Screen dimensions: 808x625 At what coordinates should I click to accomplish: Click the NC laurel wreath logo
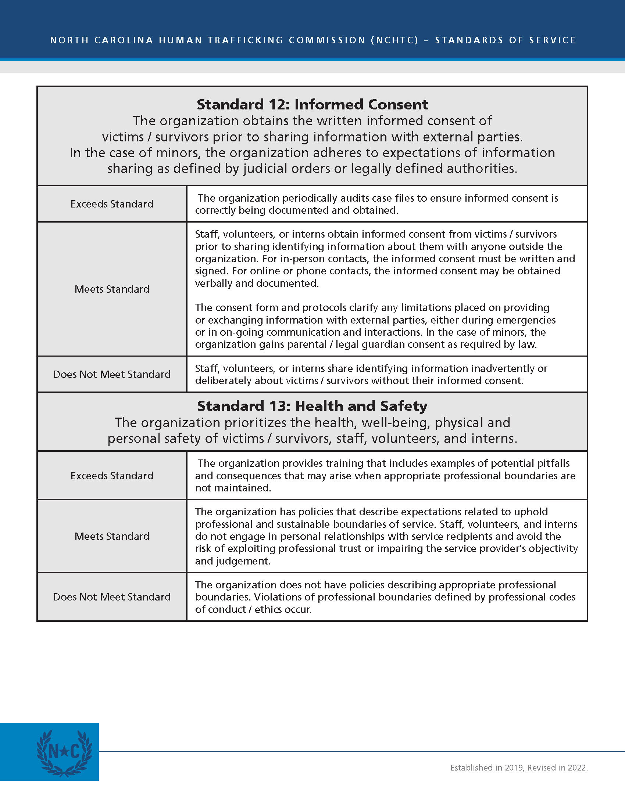[64, 753]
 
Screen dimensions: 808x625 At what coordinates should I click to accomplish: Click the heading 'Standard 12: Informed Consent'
[312, 105]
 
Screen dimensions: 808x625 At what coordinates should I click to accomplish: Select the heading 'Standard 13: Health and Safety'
[312, 406]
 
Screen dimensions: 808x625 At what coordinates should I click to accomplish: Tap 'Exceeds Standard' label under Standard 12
[112, 204]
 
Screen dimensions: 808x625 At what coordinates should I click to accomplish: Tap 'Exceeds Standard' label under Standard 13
[112, 475]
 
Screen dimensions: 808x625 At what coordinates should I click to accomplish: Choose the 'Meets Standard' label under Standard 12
[112, 289]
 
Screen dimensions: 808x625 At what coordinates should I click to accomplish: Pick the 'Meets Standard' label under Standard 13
[112, 536]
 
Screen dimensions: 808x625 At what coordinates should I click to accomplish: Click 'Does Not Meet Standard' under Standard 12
[112, 374]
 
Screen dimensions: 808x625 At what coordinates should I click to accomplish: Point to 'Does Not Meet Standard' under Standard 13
[112, 597]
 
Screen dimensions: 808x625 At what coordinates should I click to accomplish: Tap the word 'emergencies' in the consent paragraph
[527, 320]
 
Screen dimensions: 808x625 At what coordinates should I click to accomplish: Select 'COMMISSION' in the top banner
[327, 40]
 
